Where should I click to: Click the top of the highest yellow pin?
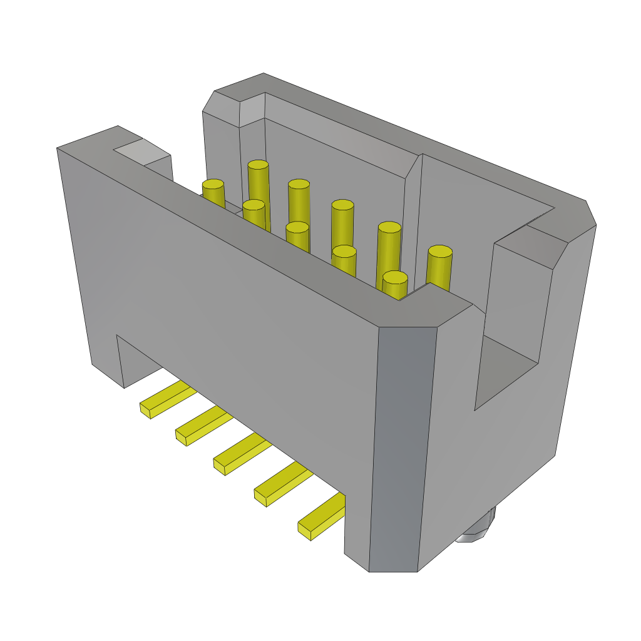[258, 165]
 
